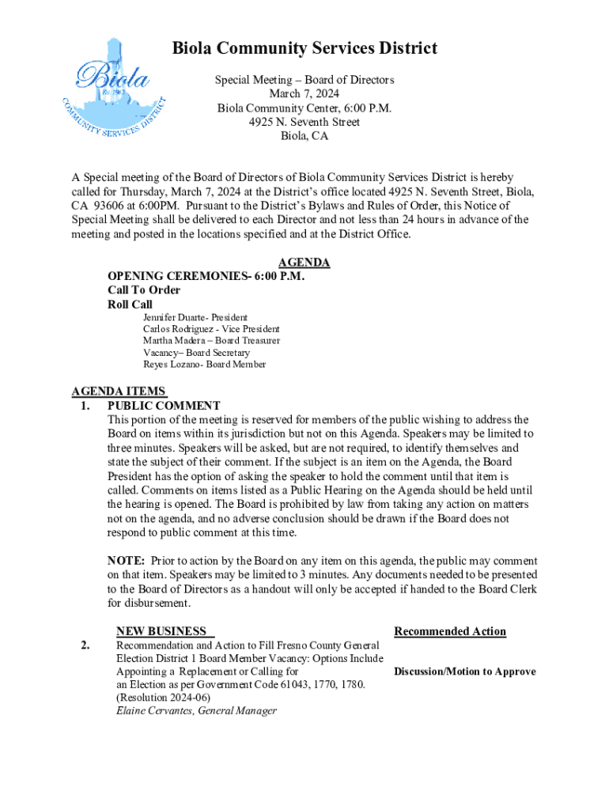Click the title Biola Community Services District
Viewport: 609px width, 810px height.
(x=304, y=49)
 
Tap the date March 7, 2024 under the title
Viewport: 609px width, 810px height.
(x=304, y=94)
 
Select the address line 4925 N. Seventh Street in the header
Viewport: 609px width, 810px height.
(x=304, y=122)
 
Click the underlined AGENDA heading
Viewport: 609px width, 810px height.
(x=304, y=263)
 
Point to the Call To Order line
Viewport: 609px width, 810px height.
(x=144, y=290)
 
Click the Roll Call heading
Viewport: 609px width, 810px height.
(x=130, y=305)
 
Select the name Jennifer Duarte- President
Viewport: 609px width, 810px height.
(x=195, y=317)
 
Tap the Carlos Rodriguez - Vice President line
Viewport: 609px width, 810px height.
(x=211, y=329)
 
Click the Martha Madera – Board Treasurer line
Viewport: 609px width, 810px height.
(x=211, y=341)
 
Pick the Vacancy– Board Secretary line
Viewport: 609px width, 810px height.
(x=196, y=353)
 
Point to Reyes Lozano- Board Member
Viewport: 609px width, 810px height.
(x=204, y=365)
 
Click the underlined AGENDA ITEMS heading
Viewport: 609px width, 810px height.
(x=119, y=391)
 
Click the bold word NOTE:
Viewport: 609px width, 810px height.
(x=125, y=561)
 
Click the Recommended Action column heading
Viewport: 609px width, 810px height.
(x=450, y=631)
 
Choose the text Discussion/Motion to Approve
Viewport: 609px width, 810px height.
(x=465, y=672)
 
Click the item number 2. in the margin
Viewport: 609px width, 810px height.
(x=84, y=645)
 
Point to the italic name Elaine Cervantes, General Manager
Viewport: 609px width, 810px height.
(x=196, y=710)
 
